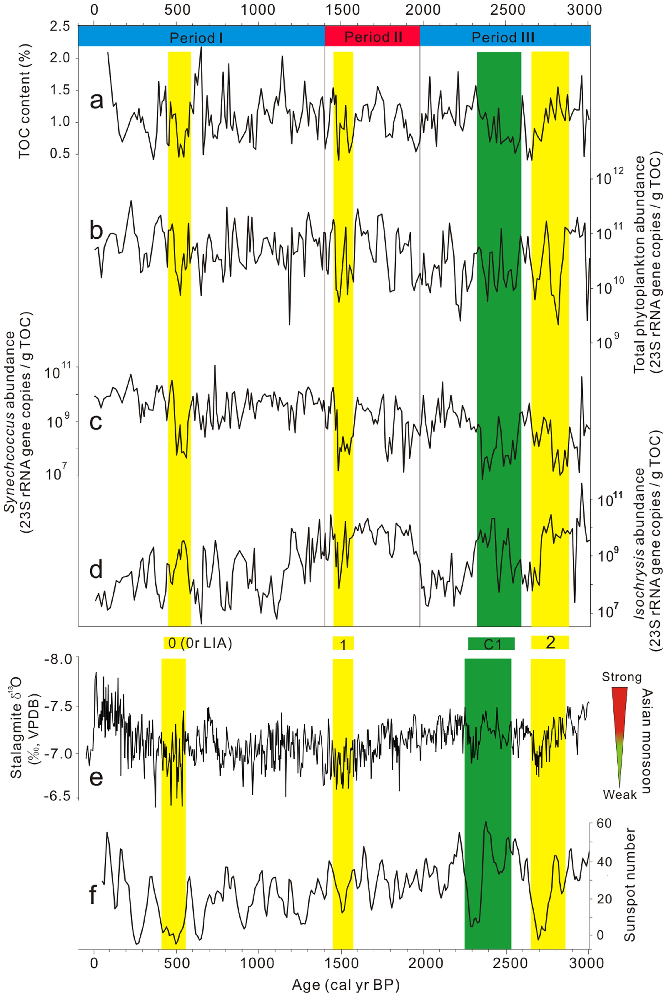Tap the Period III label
(x=503, y=37)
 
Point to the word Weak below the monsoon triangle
(x=620, y=795)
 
